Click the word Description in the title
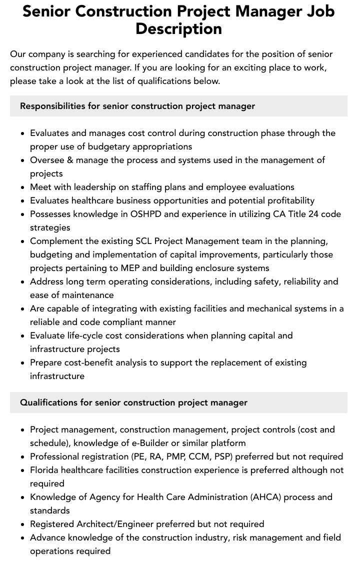click(178, 28)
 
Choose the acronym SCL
click(144, 241)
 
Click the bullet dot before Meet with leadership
click(22, 187)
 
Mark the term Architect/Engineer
click(115, 524)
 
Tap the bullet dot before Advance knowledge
click(22, 538)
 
